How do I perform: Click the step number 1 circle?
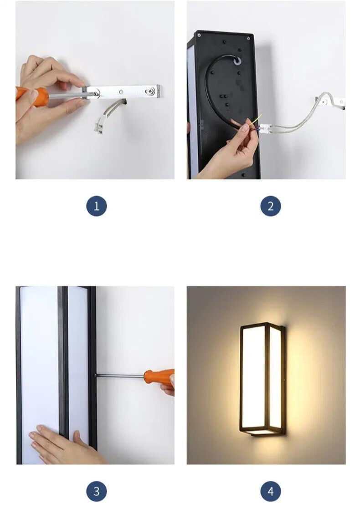coord(97,206)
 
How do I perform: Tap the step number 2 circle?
coord(271,206)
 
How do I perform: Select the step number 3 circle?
coord(97,491)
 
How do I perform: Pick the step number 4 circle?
coord(271,491)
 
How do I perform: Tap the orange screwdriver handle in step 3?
coord(159,377)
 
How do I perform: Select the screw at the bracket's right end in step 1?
coord(150,92)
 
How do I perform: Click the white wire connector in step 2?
coord(265,128)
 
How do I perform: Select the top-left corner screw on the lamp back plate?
coord(199,35)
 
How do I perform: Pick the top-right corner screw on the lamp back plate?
coord(249,38)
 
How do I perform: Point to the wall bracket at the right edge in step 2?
coord(330,102)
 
